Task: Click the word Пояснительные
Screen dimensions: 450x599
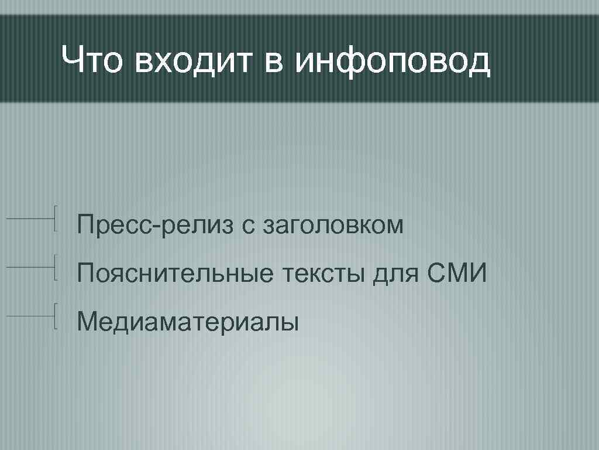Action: tap(175, 274)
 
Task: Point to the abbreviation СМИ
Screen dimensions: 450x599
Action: tap(457, 273)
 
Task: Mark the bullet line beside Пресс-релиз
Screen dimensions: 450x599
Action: tap(33, 219)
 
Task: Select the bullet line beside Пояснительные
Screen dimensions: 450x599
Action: tap(33, 268)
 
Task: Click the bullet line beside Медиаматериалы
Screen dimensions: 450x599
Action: tap(33, 316)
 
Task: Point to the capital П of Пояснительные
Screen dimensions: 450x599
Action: tap(85, 273)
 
